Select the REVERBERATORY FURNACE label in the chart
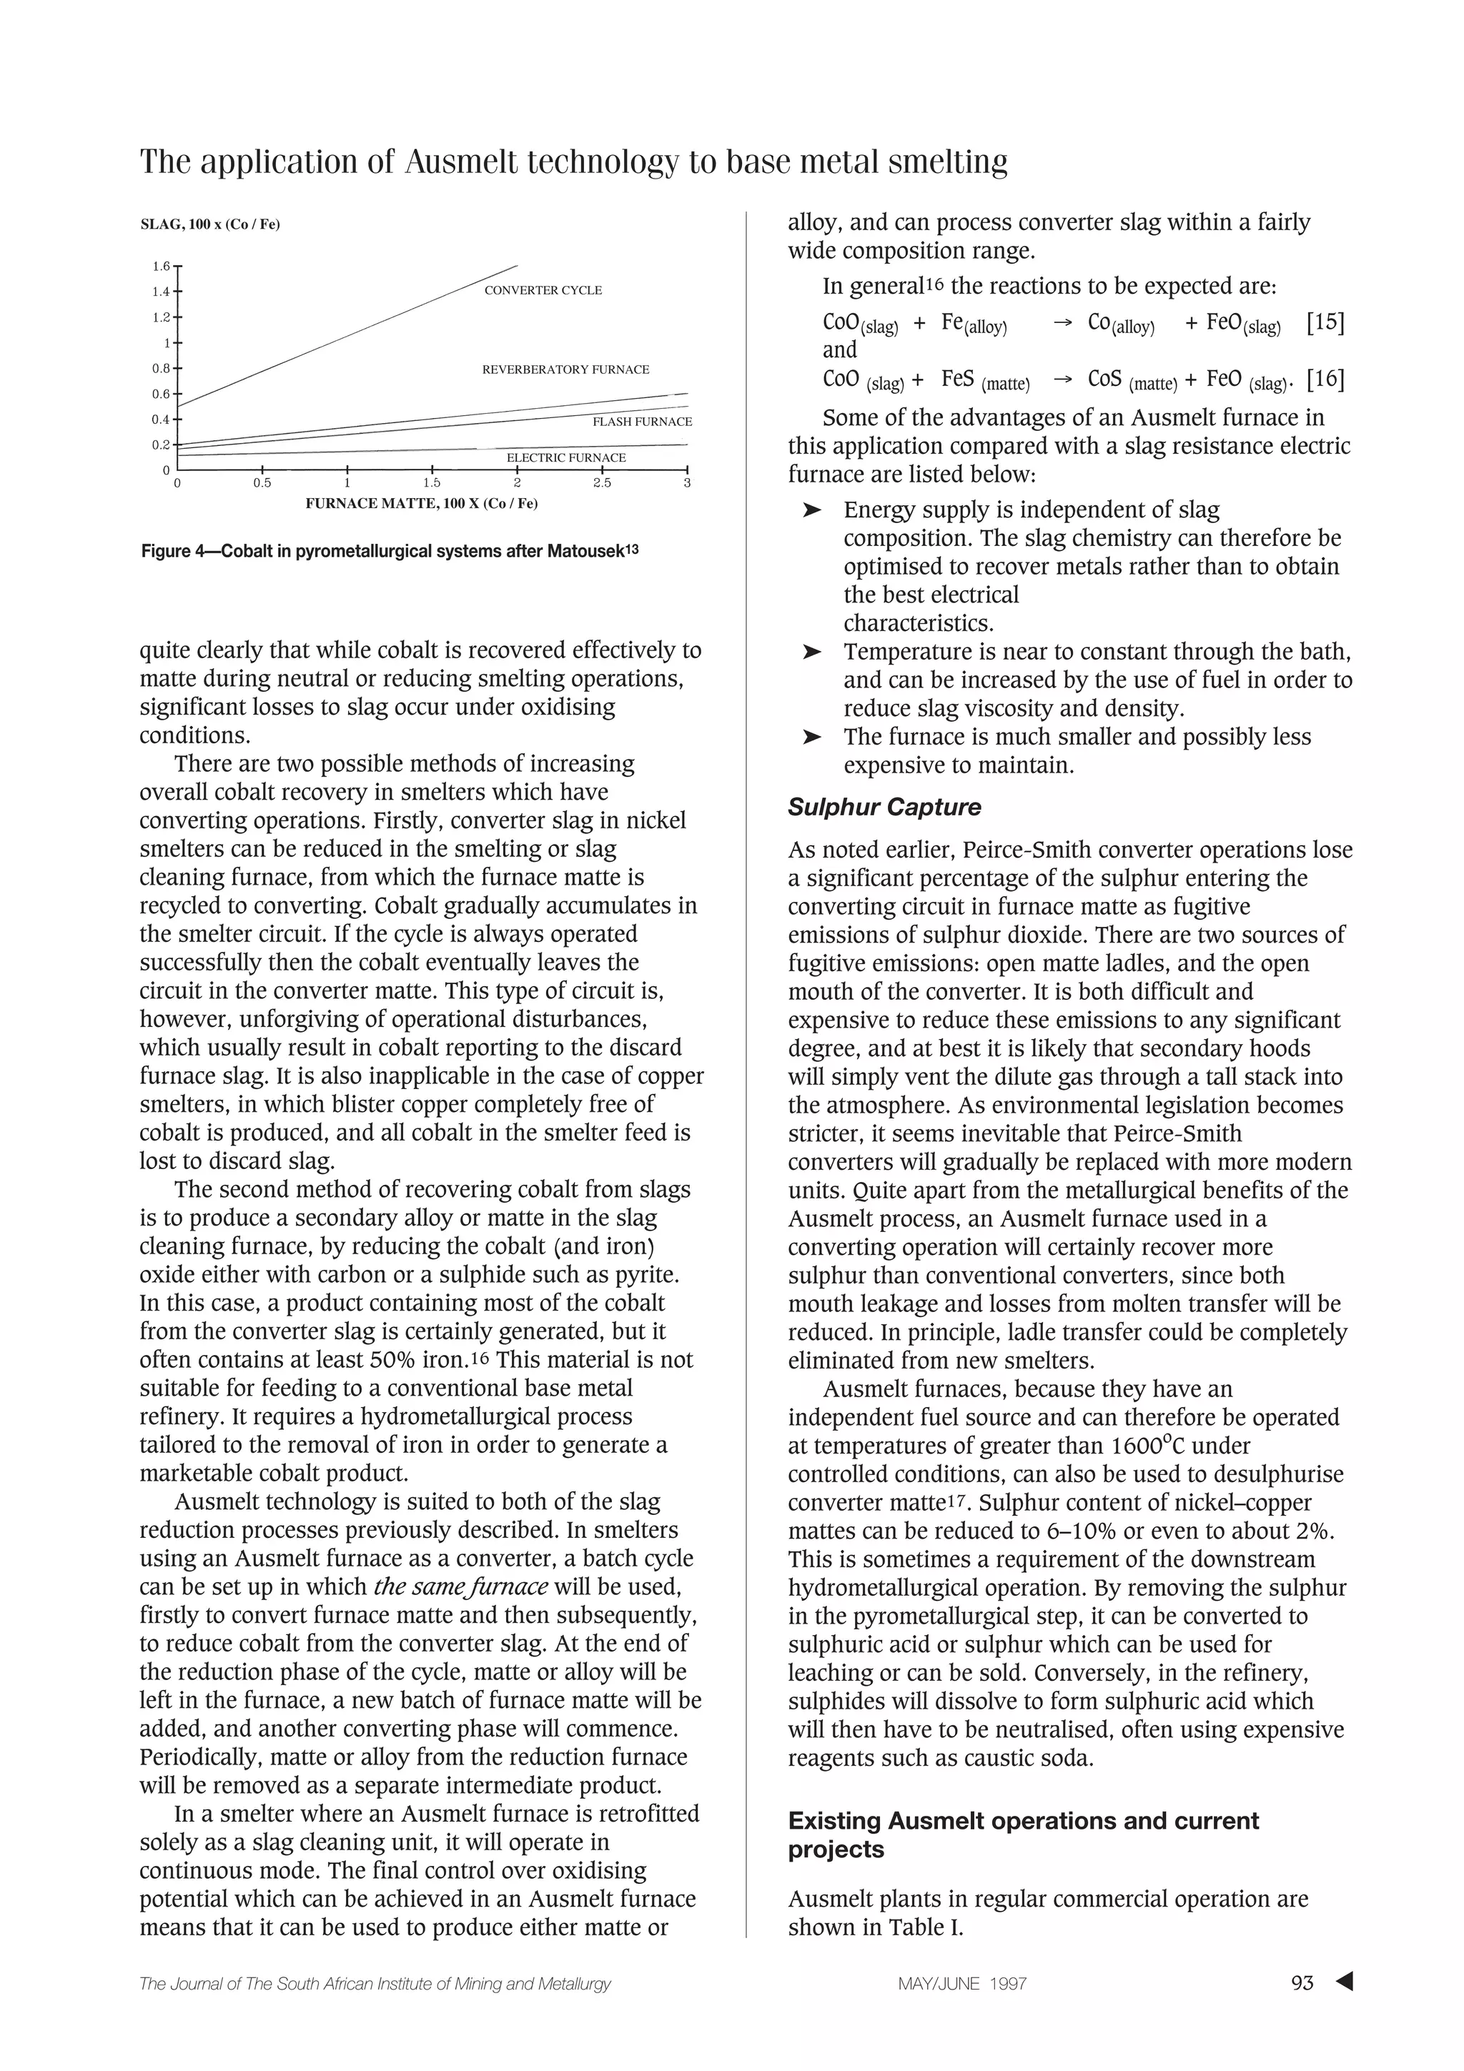pos(565,370)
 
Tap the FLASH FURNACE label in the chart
pos(641,422)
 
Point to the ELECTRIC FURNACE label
pos(565,458)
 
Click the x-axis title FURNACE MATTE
pos(421,503)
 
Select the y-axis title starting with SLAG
pos(210,224)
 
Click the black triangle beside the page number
pos(1344,1982)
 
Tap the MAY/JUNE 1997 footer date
pos(962,1984)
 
